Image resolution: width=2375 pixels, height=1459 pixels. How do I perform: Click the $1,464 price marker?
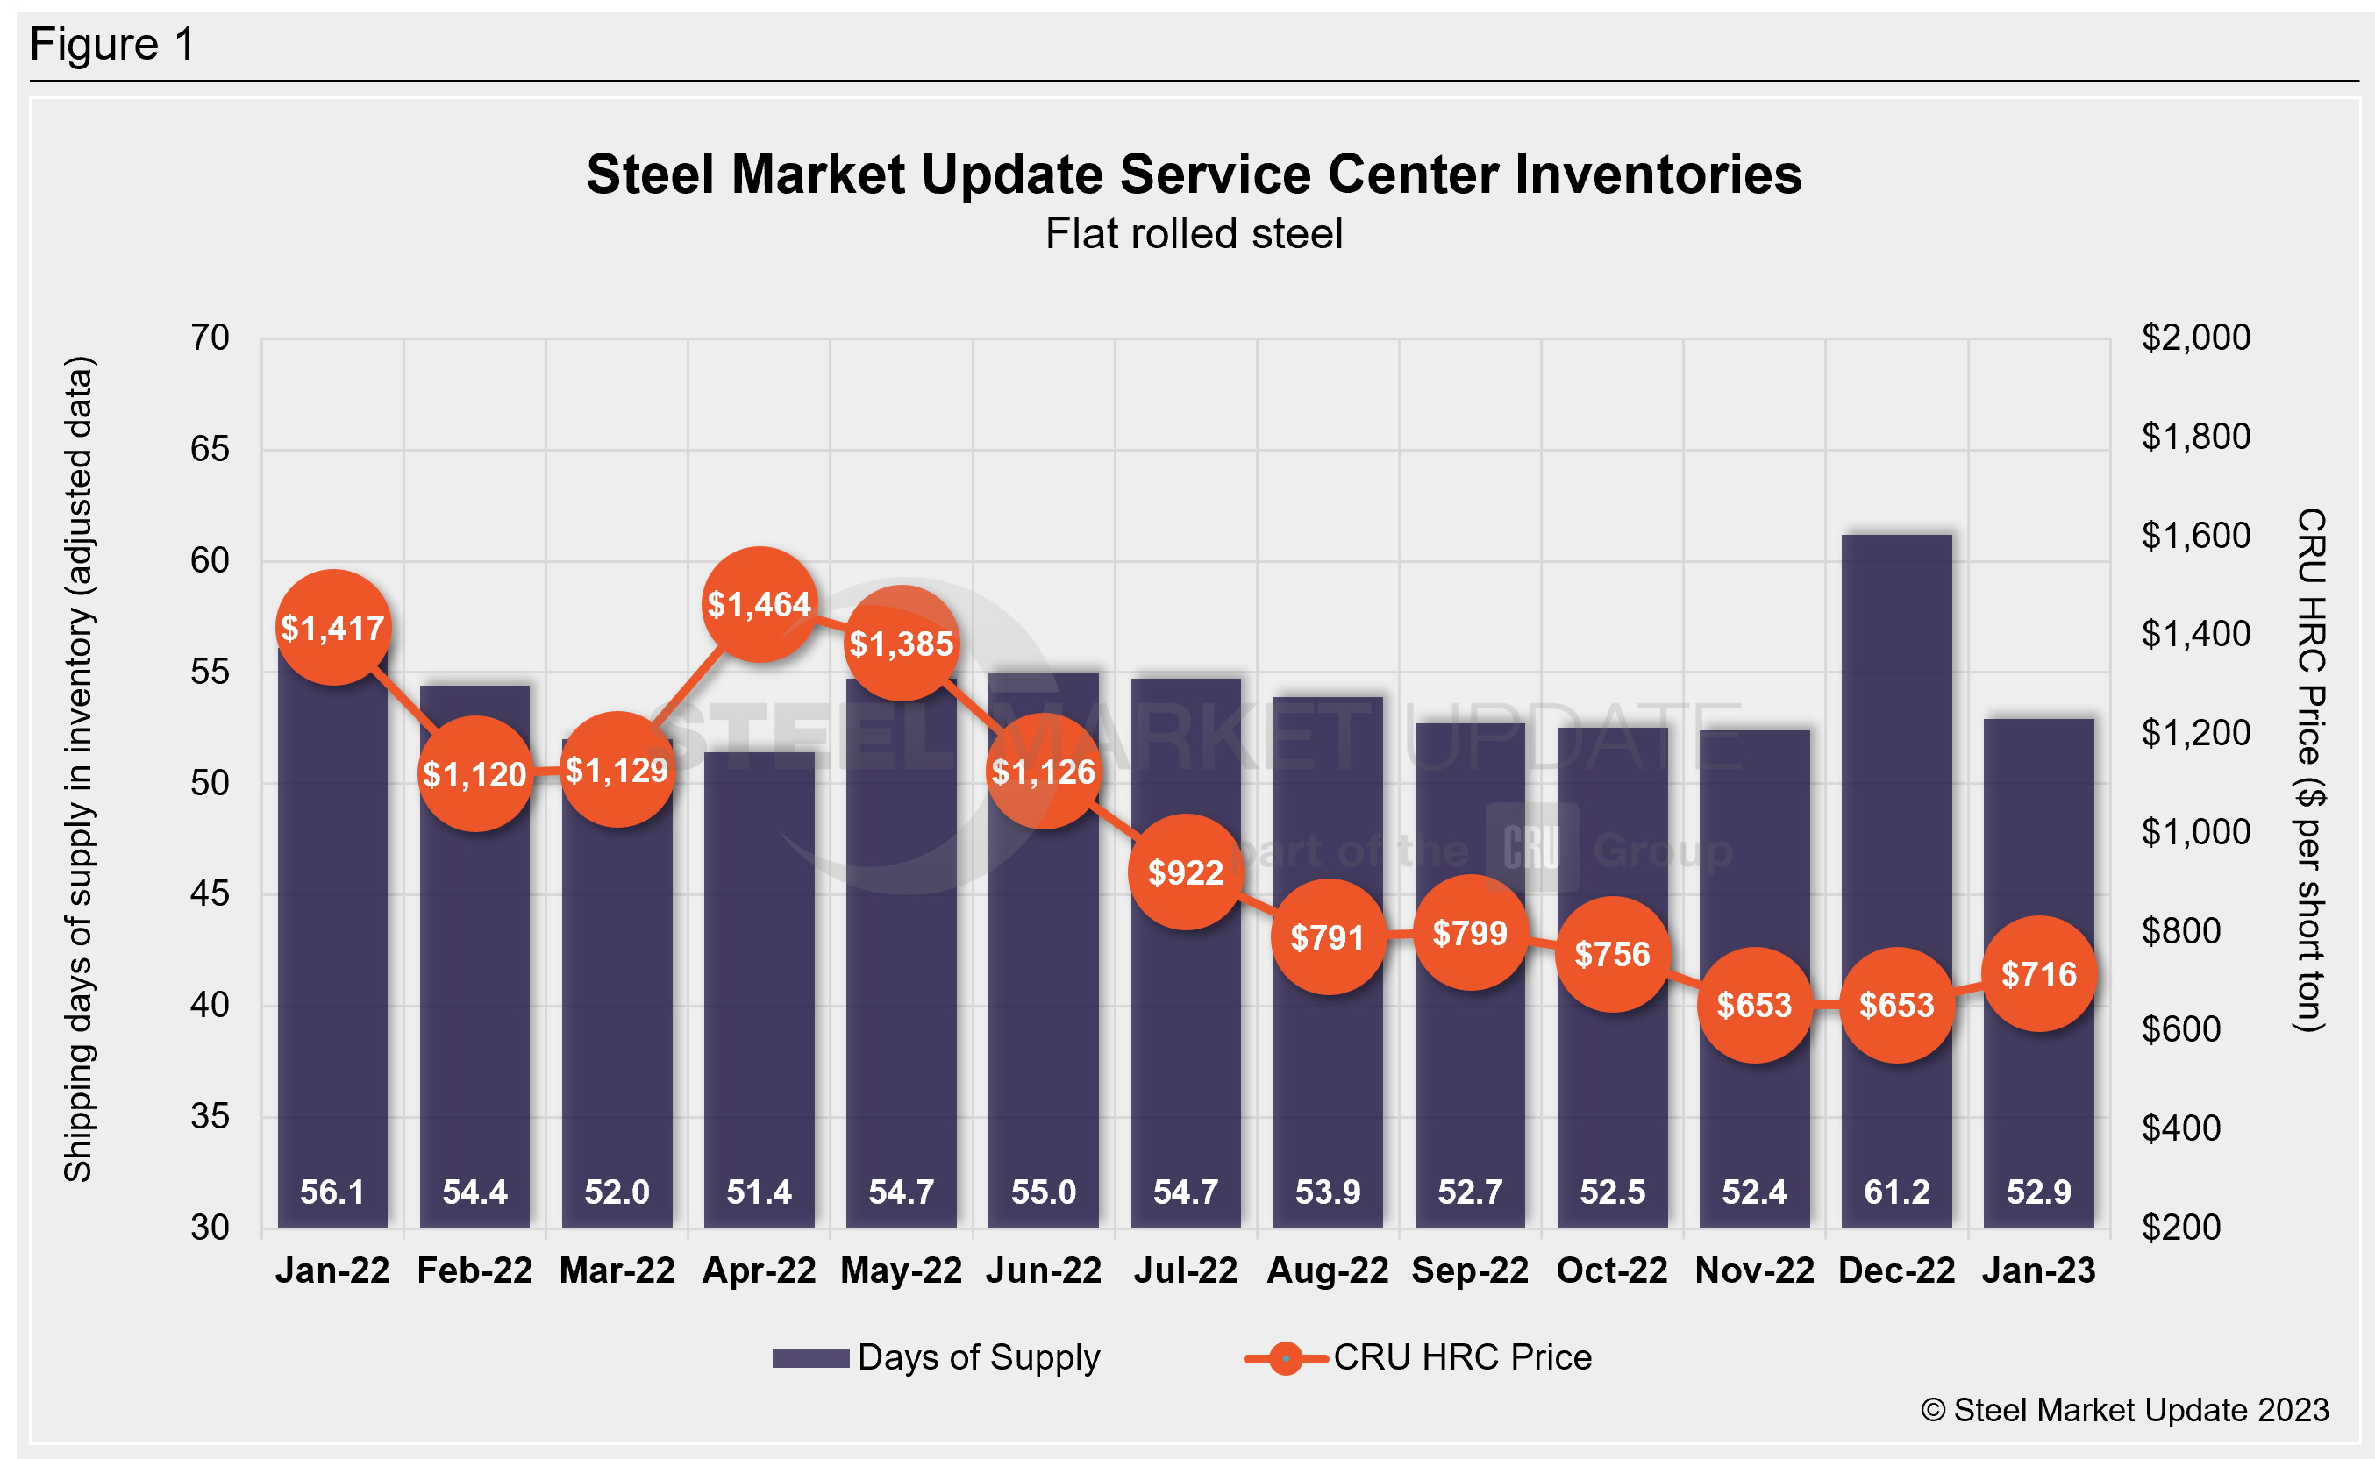[760, 605]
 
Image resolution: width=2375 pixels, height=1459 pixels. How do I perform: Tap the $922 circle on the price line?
[1185, 872]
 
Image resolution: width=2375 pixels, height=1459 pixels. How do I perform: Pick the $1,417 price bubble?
[333, 628]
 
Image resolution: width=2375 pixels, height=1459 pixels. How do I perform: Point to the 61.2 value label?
[1896, 1192]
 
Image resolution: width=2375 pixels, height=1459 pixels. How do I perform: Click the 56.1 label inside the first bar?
[333, 1192]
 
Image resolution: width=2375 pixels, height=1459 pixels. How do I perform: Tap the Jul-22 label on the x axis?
[1185, 1270]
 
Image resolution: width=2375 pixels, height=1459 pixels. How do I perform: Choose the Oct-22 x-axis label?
[1612, 1270]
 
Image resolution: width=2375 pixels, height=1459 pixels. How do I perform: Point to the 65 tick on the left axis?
[210, 450]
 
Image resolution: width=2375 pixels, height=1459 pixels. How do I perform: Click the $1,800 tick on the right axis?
[2195, 436]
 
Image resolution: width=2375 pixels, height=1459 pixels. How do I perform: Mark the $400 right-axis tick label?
[2181, 1128]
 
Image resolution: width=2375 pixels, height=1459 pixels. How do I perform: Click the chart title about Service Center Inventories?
[1194, 174]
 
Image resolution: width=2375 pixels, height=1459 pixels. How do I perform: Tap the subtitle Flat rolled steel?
[1194, 233]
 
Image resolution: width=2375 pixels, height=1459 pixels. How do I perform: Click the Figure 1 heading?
[113, 45]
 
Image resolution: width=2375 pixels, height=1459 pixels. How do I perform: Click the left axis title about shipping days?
[78, 769]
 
